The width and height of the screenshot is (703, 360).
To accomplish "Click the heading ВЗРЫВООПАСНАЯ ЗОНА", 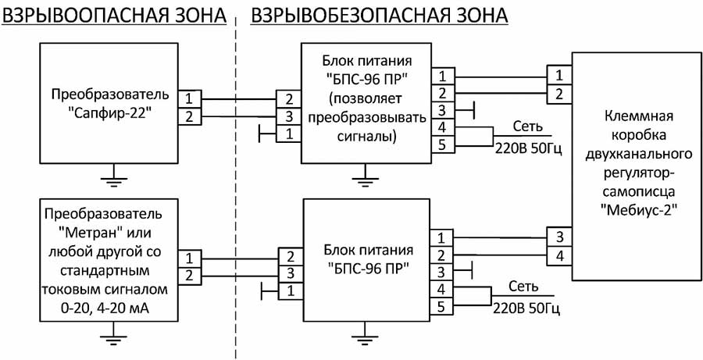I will tap(115, 15).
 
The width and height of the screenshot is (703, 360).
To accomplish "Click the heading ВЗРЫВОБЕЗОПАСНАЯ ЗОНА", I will tap(378, 15).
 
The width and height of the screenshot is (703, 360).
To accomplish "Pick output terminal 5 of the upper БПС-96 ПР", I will tap(441, 144).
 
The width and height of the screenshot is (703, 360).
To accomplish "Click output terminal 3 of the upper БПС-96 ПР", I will tap(441, 110).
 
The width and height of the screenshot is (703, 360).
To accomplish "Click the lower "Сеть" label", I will tap(522, 286).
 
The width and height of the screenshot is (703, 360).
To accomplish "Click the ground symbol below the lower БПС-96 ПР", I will tap(361, 337).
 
